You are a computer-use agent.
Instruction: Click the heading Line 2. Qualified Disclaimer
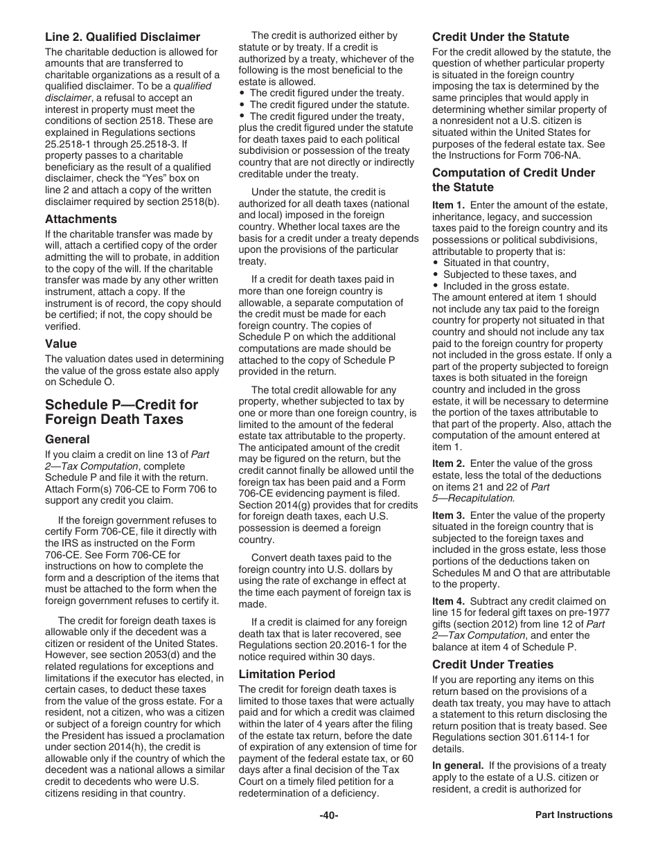coord(123,37)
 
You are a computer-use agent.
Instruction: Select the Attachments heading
coord(80,220)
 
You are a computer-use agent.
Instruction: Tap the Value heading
coord(61,344)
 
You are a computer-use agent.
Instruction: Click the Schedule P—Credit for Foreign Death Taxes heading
coord(121,412)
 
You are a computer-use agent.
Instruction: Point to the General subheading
coord(67,439)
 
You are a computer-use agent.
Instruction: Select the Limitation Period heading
coord(287,674)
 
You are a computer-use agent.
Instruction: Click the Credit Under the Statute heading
coord(501,37)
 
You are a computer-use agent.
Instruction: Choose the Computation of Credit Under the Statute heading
coord(513,180)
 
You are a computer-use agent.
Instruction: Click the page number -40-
coord(328,815)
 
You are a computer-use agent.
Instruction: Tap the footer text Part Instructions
coord(573,815)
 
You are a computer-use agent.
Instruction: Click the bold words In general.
coord(457,765)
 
